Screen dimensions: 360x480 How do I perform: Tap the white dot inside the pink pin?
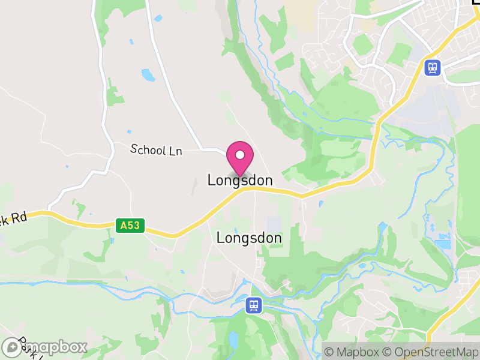pyautogui.click(x=240, y=155)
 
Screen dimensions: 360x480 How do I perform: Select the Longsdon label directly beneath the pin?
pyautogui.click(x=240, y=180)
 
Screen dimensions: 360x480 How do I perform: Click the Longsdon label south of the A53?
pyautogui.click(x=249, y=238)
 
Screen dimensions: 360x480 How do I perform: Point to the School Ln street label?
pyautogui.click(x=156, y=149)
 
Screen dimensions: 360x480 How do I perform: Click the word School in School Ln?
pyautogui.click(x=147, y=149)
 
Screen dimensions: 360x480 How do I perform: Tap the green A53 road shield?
pyautogui.click(x=130, y=226)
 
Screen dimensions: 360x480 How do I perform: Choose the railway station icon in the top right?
pyautogui.click(x=431, y=67)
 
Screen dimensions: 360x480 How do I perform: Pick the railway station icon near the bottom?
pyautogui.click(x=254, y=306)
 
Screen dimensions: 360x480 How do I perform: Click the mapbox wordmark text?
pyautogui.click(x=54, y=347)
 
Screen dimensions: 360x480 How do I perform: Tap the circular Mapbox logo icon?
pyautogui.click(x=11, y=347)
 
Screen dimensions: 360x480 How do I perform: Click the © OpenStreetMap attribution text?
pyautogui.click(x=430, y=352)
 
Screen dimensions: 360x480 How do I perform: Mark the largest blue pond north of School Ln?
pyautogui.click(x=148, y=75)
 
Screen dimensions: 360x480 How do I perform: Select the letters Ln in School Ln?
pyautogui.click(x=175, y=152)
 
